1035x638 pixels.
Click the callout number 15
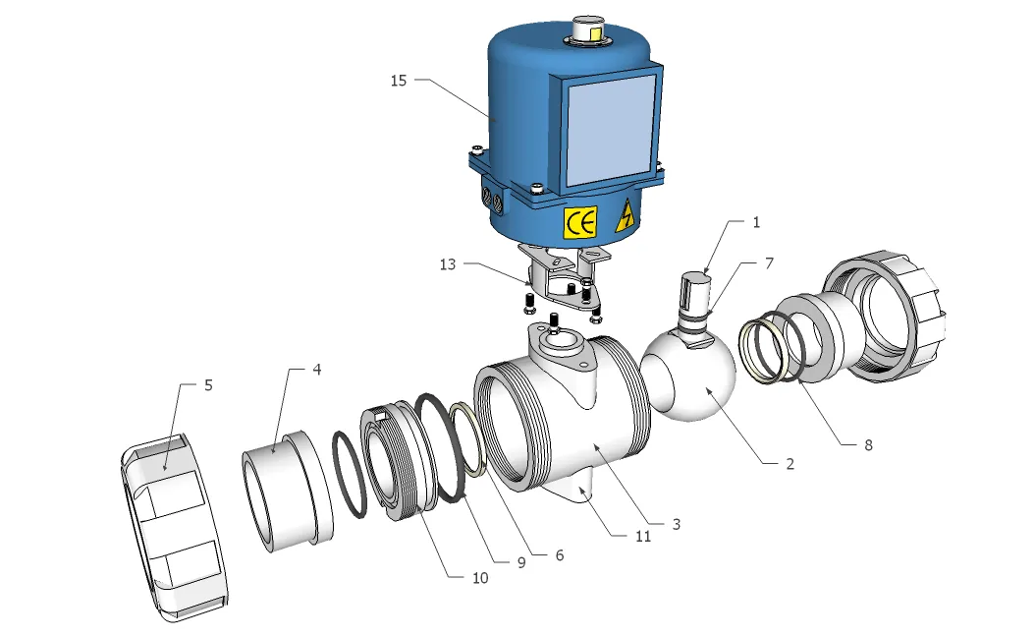click(399, 81)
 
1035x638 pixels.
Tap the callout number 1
click(756, 223)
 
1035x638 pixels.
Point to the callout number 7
click(770, 264)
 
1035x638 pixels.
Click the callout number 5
click(208, 384)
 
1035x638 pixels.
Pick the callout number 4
click(317, 370)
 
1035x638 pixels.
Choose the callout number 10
click(479, 578)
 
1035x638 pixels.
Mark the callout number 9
click(521, 562)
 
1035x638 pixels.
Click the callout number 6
click(559, 554)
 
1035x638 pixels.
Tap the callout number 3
click(676, 524)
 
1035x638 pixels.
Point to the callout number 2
click(790, 463)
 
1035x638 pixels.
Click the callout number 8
click(867, 444)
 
